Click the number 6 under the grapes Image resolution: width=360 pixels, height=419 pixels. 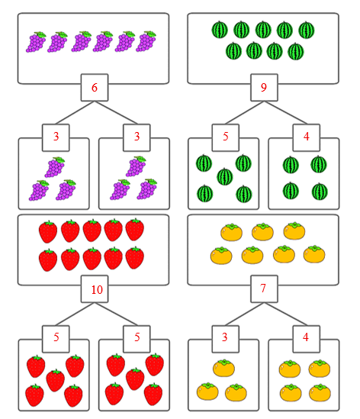pos(95,88)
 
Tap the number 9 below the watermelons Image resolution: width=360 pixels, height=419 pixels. pos(264,87)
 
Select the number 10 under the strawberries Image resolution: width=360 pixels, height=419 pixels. pos(97,290)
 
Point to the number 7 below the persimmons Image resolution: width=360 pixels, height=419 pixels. pos(263,288)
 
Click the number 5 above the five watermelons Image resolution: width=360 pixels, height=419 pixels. pos(226,137)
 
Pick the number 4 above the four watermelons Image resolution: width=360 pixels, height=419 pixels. pos(307,137)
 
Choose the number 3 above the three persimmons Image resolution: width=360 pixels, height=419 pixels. pos(225,337)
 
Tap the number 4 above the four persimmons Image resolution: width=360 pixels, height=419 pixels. pos(306,337)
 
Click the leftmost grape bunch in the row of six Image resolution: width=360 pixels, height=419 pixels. pos(36,42)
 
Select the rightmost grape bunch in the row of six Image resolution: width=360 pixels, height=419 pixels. pos(146,41)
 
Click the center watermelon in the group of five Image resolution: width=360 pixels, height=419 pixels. pos(225,176)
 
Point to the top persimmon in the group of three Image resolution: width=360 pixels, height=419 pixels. pos(223,368)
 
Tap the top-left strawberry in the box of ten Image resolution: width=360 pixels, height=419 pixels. pos(48,232)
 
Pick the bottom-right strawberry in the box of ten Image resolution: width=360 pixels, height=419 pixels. pos(134,258)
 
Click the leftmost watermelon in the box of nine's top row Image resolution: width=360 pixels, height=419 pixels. pos(220,30)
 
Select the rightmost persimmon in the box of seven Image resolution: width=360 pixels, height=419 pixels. pos(314,254)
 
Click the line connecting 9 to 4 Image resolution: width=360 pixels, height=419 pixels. pos(285,113)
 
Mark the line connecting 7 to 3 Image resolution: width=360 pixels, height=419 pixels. pos(245,314)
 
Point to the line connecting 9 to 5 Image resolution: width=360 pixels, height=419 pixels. pos(245,113)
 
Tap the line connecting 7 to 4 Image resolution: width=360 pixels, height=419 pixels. pos(285,314)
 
